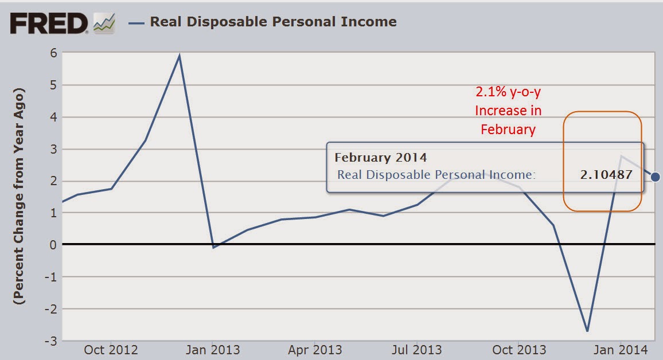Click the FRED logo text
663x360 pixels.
[x=49, y=24]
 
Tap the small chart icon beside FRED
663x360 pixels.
[x=104, y=24]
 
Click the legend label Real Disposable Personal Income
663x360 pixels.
[x=273, y=22]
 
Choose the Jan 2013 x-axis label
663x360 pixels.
[x=212, y=350]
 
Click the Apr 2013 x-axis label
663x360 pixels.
[x=314, y=350]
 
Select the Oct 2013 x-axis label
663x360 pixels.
[x=520, y=350]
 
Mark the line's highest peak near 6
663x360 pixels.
[x=180, y=56]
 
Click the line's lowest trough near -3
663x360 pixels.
[x=587, y=331]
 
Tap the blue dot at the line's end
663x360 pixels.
[x=656, y=177]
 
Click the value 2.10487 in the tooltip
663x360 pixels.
[x=606, y=175]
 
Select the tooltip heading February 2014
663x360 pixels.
[x=381, y=157]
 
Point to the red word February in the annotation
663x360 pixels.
[x=508, y=130]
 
